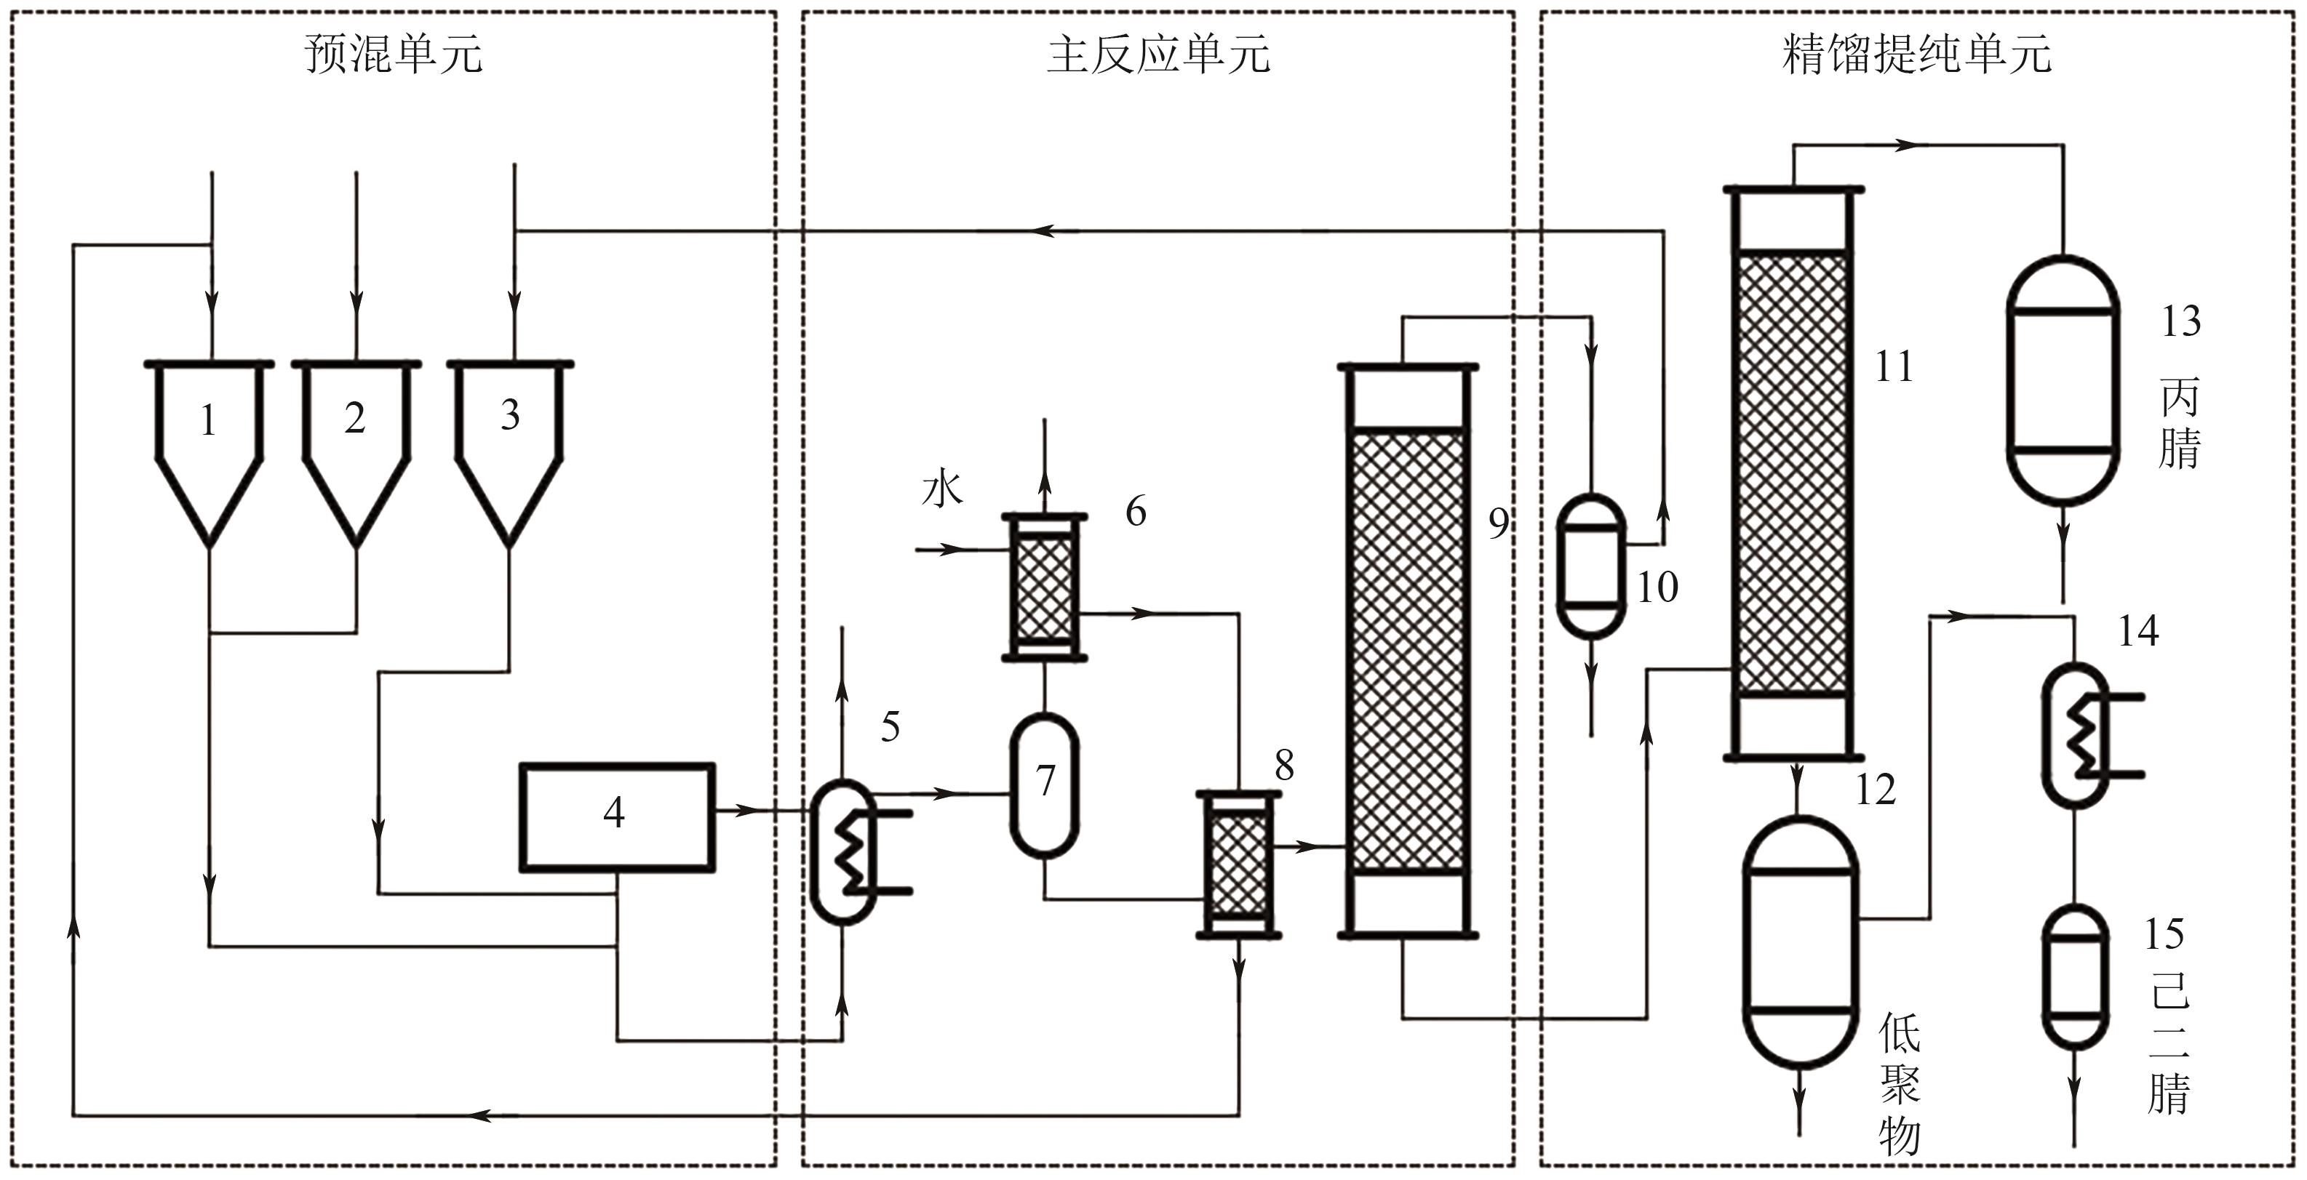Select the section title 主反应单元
coord(1158,54)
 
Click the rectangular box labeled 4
coord(617,816)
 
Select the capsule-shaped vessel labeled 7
coord(1044,783)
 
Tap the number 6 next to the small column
coord(1136,511)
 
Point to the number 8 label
coord(1284,765)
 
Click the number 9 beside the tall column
coord(1498,523)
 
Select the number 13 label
coord(2180,321)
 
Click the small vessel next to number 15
coord(2074,976)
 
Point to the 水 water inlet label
coord(942,490)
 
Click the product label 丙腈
coord(2179,422)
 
